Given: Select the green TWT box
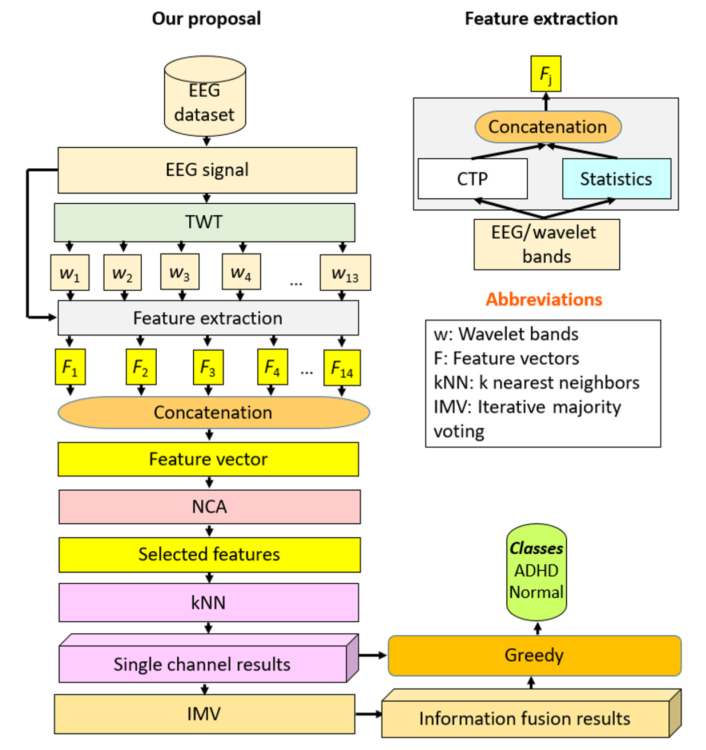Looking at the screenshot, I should tap(204, 222).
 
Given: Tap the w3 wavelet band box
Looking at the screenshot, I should tap(180, 272).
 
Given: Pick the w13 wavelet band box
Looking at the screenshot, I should tap(345, 273).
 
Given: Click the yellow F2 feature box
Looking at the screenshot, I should tap(141, 367).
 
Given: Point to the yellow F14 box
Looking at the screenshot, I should tap(342, 368).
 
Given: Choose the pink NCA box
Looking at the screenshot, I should tap(209, 507).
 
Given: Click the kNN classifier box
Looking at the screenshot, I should tap(208, 602).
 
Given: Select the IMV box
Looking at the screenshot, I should tap(204, 714).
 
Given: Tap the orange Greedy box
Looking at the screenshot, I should tap(534, 655).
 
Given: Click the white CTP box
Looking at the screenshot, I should tap(472, 179).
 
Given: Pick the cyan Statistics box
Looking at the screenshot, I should tap(616, 179).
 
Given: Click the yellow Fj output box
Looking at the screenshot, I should tap(546, 74).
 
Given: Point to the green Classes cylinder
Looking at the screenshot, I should tap(536, 571).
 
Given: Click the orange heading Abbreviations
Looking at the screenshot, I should tap(544, 299).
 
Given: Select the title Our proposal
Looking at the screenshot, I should tap(206, 19).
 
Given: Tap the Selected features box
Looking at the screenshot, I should tap(209, 555).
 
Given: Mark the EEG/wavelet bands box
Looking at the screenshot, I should tap(546, 244).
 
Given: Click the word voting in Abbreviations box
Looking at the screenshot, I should tap(459, 431).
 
